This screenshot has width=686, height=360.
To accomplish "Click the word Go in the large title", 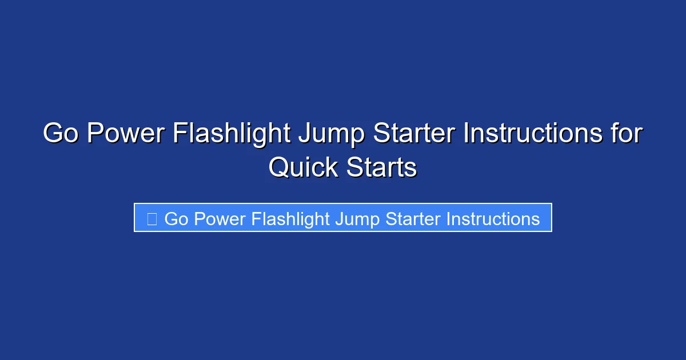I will click(x=60, y=134).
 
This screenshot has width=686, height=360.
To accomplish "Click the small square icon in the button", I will click(x=151, y=219).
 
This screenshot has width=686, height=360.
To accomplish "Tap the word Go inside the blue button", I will click(x=176, y=219).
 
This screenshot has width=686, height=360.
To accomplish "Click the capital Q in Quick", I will click(x=278, y=167).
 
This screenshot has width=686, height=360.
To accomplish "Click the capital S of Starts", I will click(x=354, y=167).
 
